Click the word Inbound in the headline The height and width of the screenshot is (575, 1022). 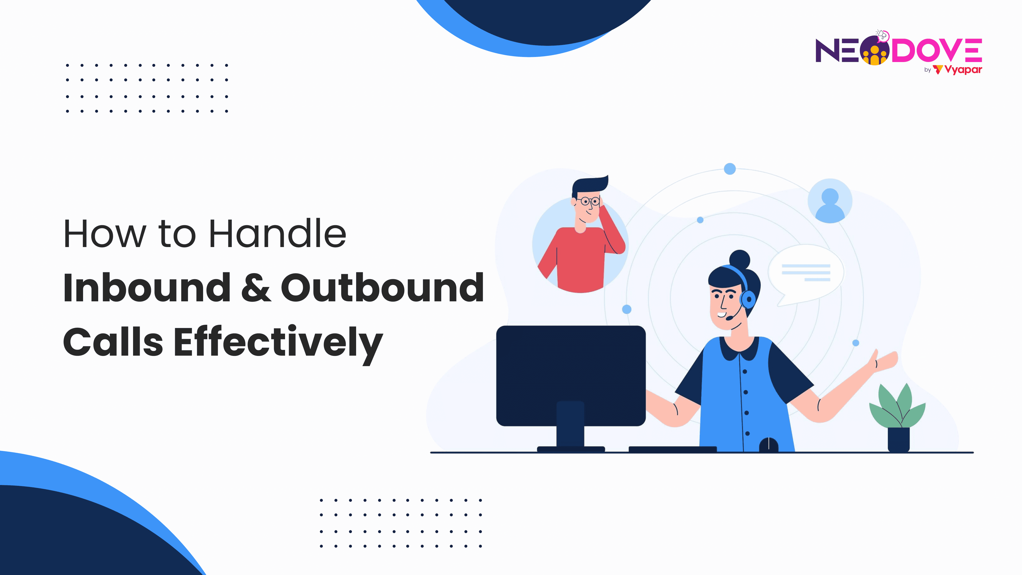(x=147, y=288)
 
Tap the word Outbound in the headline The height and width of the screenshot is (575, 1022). (x=382, y=288)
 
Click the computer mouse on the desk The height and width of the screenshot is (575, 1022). (x=768, y=445)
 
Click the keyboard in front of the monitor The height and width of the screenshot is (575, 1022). (x=673, y=449)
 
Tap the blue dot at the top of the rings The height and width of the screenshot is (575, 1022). (x=730, y=169)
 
